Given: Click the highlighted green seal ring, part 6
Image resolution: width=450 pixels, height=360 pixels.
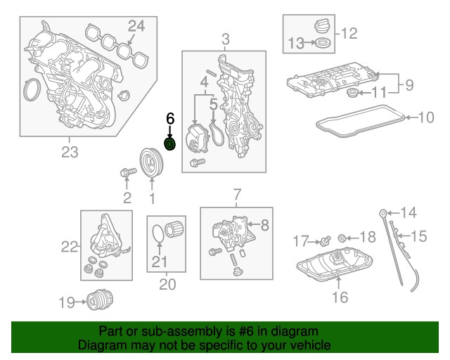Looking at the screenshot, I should (x=169, y=145).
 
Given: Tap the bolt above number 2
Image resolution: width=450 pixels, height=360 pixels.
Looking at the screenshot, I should (x=127, y=172).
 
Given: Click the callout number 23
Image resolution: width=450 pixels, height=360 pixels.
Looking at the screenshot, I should (x=69, y=151).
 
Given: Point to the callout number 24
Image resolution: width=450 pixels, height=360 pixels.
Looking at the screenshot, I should (x=136, y=27).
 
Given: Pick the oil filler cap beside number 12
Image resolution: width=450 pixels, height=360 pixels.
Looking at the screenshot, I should (x=320, y=26).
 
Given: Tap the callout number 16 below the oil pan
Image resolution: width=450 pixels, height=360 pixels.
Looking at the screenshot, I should (x=340, y=298).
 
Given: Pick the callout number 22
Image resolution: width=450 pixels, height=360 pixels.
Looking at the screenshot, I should (x=68, y=246).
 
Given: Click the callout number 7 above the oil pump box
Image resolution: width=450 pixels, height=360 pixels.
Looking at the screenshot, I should (x=237, y=193).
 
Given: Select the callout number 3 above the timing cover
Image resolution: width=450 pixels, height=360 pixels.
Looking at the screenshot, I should (x=224, y=39).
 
